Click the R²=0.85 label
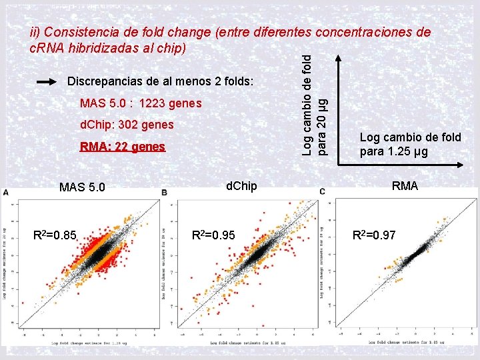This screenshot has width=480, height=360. pyautogui.click(x=55, y=235)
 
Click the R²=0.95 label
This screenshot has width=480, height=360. pyautogui.click(x=213, y=235)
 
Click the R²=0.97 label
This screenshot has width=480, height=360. pyautogui.click(x=373, y=235)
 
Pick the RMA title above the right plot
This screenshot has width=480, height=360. pyautogui.click(x=405, y=186)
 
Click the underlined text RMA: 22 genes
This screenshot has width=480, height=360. pyautogui.click(x=122, y=147)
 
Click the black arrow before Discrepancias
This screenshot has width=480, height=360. pyautogui.click(x=48, y=81)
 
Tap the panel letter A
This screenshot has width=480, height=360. pyautogui.click(x=7, y=193)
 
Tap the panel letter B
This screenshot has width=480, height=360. pyautogui.click(x=164, y=193)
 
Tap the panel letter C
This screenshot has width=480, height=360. pyautogui.click(x=322, y=193)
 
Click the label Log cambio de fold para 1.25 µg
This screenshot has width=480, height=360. pyautogui.click(x=410, y=144)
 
